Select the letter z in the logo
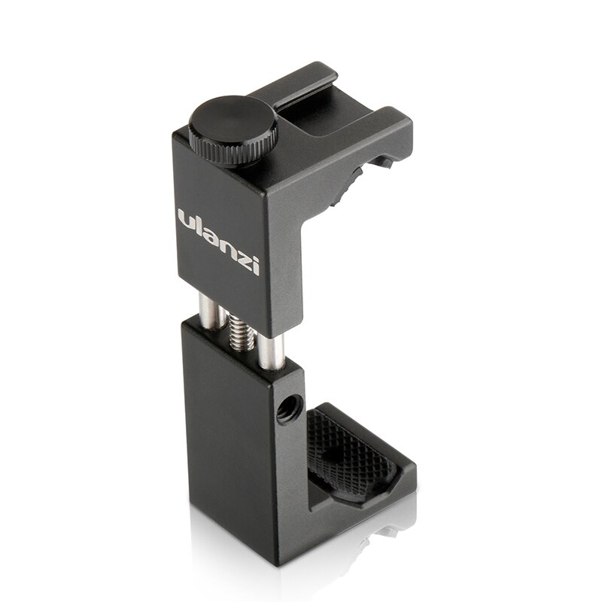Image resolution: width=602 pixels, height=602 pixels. [x=242, y=255]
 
